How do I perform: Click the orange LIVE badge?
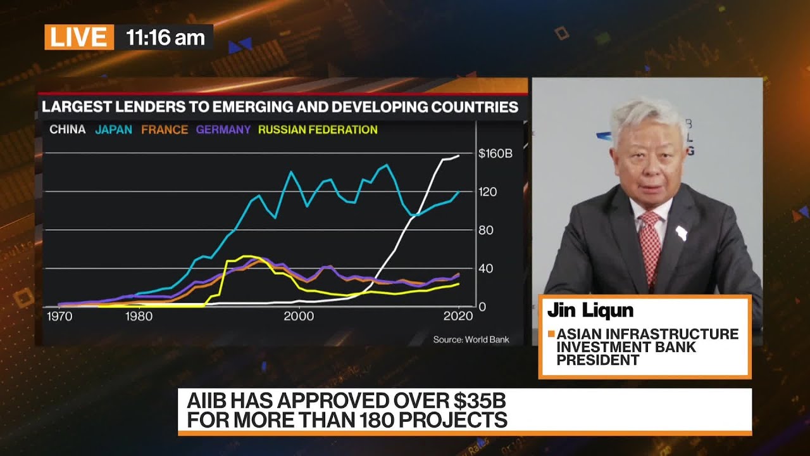point(79,37)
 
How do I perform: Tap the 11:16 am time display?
point(165,37)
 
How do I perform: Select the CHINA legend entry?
point(67,130)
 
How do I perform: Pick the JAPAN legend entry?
point(113,130)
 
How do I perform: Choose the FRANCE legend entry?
point(165,130)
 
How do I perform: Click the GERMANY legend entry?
point(223,130)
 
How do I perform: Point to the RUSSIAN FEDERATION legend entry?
point(318,130)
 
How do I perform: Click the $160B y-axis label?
point(495,153)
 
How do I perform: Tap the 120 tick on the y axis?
point(487,192)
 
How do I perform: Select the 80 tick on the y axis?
point(485,230)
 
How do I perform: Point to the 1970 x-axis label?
point(59,316)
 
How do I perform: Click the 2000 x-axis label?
point(299,316)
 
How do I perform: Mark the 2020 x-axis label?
point(459,316)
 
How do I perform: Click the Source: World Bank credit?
point(471,339)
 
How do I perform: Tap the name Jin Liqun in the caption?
point(590,310)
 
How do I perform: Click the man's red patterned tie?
point(650,244)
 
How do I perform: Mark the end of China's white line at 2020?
point(459,155)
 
